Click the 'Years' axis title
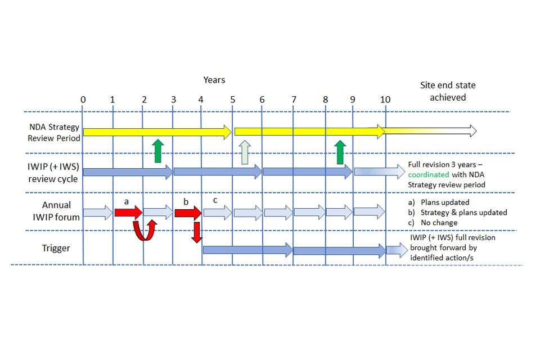click(214, 80)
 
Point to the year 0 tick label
click(83, 100)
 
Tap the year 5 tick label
click(232, 100)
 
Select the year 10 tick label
click(385, 100)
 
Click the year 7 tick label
click(293, 100)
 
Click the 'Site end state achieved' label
click(448, 91)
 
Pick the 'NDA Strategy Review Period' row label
click(54, 132)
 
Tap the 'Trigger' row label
click(56, 247)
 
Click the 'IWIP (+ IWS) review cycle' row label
click(55, 173)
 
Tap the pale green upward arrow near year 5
click(244, 152)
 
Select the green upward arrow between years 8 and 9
click(340, 152)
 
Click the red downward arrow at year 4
click(196, 232)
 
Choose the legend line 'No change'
click(439, 223)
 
